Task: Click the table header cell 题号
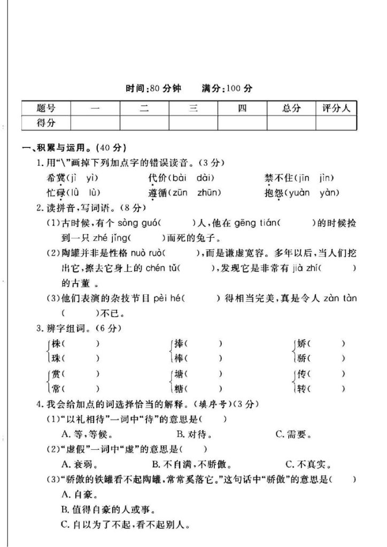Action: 47,108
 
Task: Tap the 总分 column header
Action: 291,108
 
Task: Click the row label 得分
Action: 47,123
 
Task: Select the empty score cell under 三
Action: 193,123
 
